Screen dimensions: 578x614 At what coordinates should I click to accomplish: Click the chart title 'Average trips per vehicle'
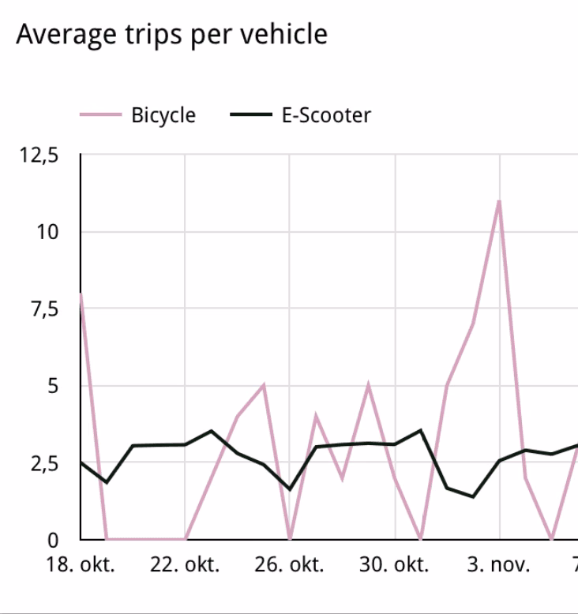tap(171, 36)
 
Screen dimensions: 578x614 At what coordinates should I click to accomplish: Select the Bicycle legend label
tap(163, 115)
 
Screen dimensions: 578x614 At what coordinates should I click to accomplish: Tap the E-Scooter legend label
tap(326, 115)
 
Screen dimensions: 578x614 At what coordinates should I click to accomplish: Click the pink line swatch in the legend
tap(101, 114)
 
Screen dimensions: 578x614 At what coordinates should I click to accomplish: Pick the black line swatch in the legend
tap(251, 114)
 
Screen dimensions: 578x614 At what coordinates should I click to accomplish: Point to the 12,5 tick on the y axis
tap(39, 155)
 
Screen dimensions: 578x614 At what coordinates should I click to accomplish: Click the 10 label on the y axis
tap(47, 232)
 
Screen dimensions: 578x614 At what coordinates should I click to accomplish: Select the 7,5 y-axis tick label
tap(45, 309)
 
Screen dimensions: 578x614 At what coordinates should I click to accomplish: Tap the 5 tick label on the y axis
tap(53, 386)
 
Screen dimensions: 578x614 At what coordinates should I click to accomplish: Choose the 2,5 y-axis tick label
tap(45, 463)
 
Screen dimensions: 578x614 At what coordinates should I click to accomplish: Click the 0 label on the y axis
tap(53, 541)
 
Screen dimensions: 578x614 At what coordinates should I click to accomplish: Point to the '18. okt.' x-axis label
tap(81, 564)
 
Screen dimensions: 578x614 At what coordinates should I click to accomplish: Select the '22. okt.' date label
tap(185, 564)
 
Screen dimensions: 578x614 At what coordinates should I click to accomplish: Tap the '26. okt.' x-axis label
tap(289, 564)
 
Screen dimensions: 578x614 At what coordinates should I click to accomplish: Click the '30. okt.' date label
tap(394, 564)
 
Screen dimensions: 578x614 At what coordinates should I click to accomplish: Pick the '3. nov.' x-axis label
tap(498, 564)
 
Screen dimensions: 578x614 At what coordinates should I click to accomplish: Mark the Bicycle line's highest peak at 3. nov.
tap(499, 201)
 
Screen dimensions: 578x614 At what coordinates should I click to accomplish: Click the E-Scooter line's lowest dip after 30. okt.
tap(473, 496)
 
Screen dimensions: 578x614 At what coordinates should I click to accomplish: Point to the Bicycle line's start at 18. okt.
tap(81, 294)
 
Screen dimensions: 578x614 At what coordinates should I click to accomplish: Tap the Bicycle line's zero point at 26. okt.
tap(290, 539)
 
